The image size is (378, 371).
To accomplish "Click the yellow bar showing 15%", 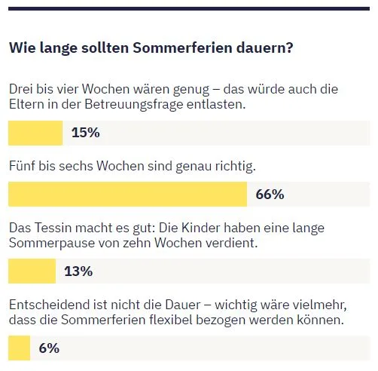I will [35, 133].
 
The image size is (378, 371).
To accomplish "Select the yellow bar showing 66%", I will [127, 195].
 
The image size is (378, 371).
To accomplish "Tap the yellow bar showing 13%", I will [32, 271].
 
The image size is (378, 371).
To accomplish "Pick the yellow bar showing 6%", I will [19, 348].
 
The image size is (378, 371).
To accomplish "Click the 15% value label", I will [85, 133].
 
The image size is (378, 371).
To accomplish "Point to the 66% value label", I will [270, 195].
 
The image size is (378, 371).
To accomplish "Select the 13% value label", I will [78, 271].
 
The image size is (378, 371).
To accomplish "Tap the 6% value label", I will [48, 348].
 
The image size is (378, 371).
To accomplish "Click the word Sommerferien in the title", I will [179, 48].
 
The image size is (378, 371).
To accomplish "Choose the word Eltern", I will [26, 105].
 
